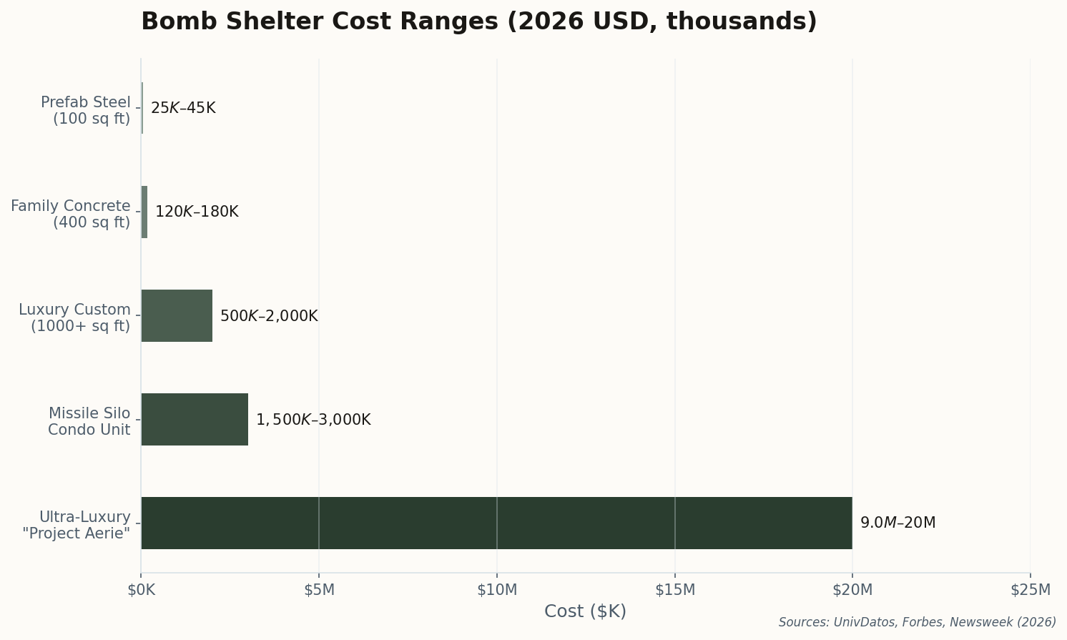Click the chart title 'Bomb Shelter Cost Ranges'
tap(478, 21)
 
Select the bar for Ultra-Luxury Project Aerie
tap(496, 523)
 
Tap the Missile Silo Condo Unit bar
tap(195, 419)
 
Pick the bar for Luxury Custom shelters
tap(177, 315)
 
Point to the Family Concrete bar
tap(144, 212)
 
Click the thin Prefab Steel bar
tap(142, 108)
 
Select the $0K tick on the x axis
tap(141, 590)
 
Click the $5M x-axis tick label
tap(319, 590)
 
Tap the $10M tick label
tap(497, 590)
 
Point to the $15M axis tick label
tap(675, 590)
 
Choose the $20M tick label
tap(852, 590)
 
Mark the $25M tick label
tap(1031, 590)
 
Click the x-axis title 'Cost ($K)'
tap(585, 611)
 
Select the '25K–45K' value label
tap(183, 108)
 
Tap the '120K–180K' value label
tap(197, 212)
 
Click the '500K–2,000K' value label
tap(269, 315)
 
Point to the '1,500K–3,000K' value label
tap(313, 420)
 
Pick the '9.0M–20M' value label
tap(898, 523)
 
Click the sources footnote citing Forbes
tap(917, 622)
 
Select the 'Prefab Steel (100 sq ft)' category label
tap(86, 111)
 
